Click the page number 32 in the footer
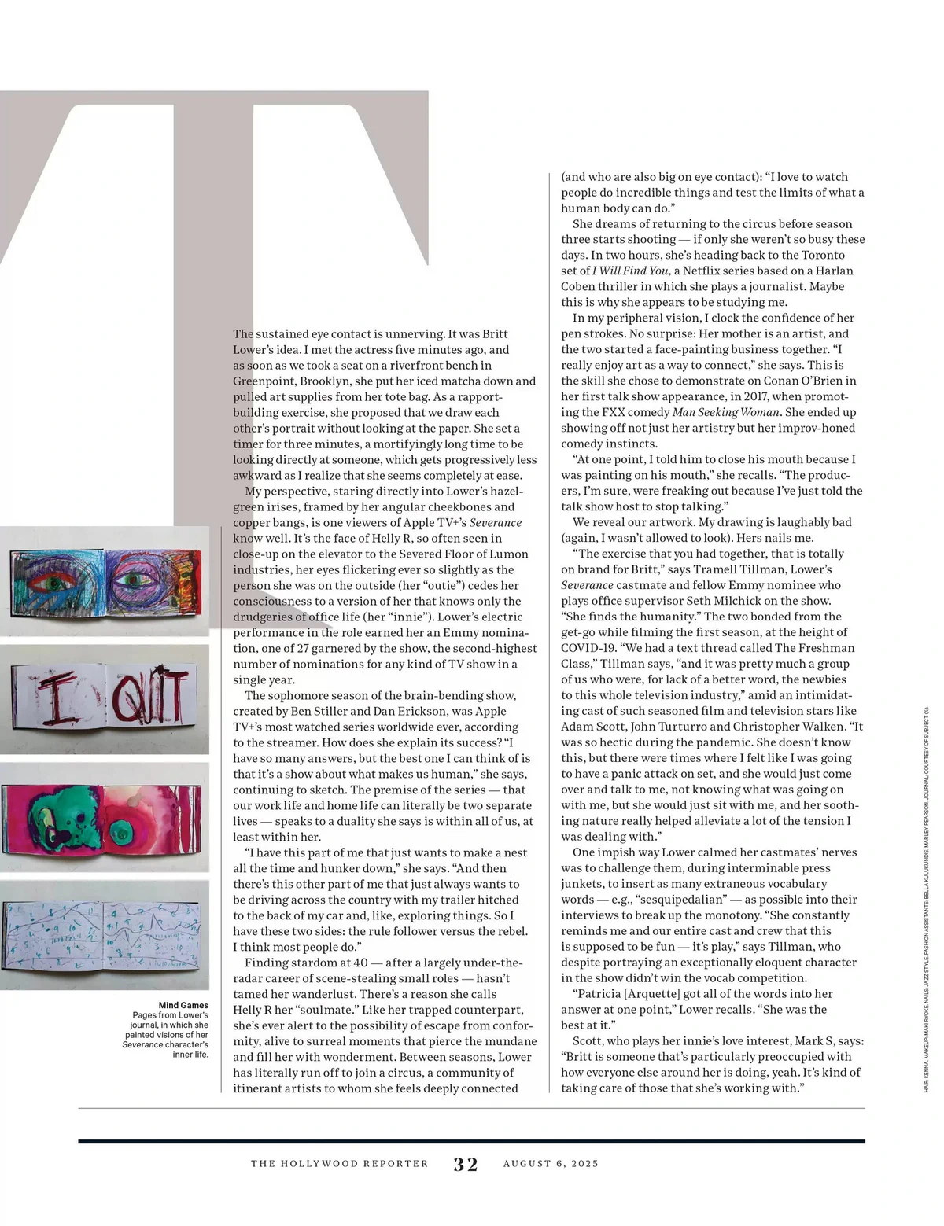[x=466, y=1164]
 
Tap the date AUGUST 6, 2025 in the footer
[x=551, y=1164]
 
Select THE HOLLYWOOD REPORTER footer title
[x=340, y=1164]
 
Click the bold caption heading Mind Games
[x=183, y=1005]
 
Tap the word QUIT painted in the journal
[x=149, y=696]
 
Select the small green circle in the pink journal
[x=122, y=830]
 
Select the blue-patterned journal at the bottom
[x=104, y=935]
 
